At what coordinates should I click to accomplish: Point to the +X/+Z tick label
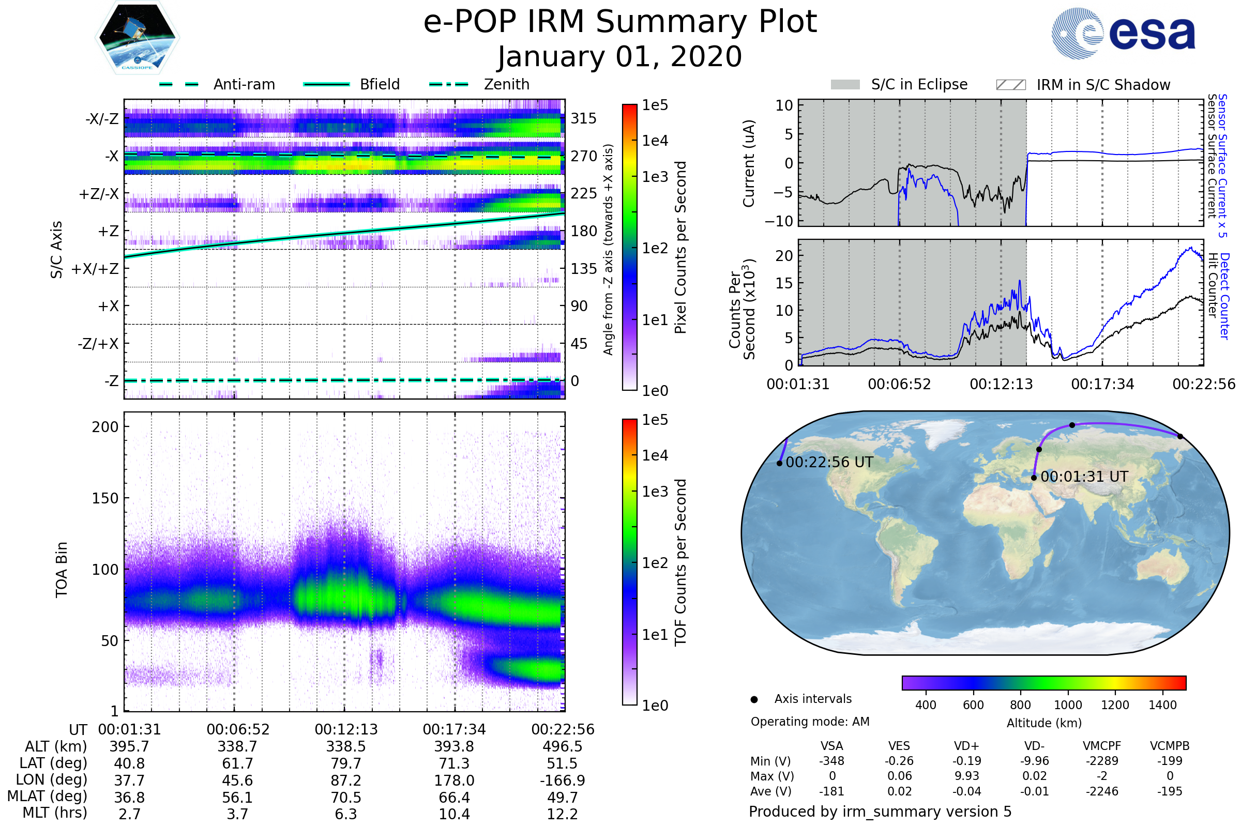pyautogui.click(x=95, y=269)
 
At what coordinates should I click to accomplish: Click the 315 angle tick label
pyautogui.click(x=584, y=118)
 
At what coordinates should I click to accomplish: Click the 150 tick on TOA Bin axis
pyautogui.click(x=105, y=498)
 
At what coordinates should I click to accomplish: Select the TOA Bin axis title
pyautogui.click(x=62, y=570)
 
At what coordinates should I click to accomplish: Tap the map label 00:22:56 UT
pyautogui.click(x=829, y=463)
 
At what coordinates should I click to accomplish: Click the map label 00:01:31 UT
pyautogui.click(x=1084, y=477)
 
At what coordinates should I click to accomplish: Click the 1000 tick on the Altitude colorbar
pyautogui.click(x=1067, y=705)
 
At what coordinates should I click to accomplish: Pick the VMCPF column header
pyautogui.click(x=1102, y=746)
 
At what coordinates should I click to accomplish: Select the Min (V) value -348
pyautogui.click(x=831, y=761)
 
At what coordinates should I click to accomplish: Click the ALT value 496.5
pyautogui.click(x=563, y=747)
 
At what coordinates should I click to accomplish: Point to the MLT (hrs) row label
pyautogui.click(x=55, y=813)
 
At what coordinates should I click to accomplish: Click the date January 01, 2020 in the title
pyautogui.click(x=620, y=57)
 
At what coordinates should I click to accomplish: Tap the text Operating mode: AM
pyautogui.click(x=810, y=722)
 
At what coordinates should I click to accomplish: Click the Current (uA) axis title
pyautogui.click(x=749, y=163)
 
